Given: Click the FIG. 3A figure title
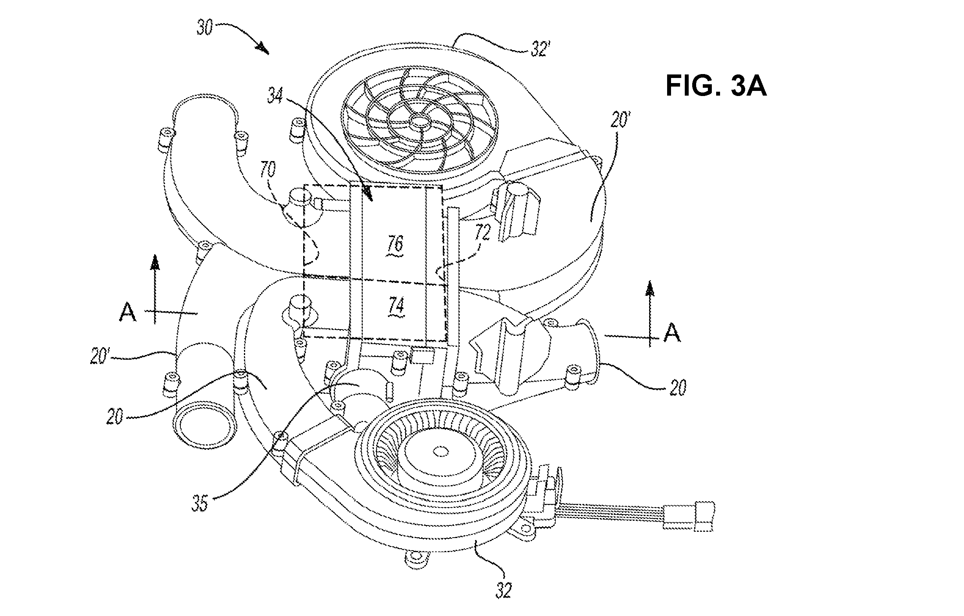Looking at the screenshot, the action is pyautogui.click(x=716, y=86).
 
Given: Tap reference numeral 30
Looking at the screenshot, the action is pyautogui.click(x=205, y=28).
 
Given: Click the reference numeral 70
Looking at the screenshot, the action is pyautogui.click(x=268, y=170).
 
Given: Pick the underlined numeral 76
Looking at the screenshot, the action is pyautogui.click(x=395, y=245).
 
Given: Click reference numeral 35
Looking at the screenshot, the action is pyautogui.click(x=199, y=504).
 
